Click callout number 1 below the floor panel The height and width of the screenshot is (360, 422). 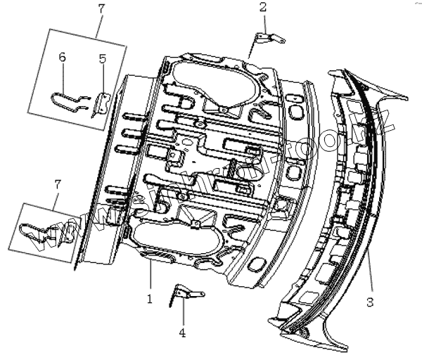(x=149, y=298)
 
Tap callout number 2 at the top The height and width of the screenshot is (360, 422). (x=262, y=8)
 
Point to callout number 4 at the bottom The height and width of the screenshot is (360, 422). (x=183, y=333)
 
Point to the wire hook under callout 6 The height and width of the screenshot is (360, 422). (x=68, y=104)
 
